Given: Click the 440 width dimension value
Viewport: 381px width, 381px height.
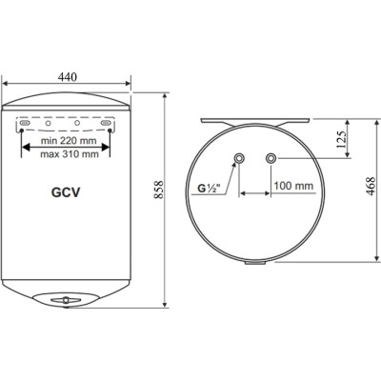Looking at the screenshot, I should [x=67, y=77].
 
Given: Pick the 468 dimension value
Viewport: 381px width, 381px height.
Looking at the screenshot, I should [x=368, y=191].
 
